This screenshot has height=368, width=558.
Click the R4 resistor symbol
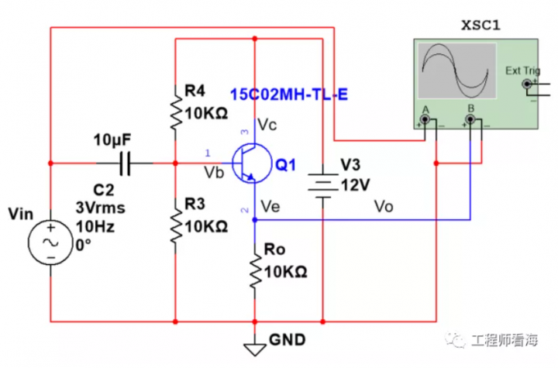[176, 111]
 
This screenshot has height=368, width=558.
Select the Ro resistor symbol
[254, 270]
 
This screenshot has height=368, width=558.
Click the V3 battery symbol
[321, 186]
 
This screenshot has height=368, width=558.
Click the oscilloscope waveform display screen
[456, 71]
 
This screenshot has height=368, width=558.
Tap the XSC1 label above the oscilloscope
[481, 26]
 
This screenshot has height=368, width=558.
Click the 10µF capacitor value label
[112, 139]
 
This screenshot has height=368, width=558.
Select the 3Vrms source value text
[100, 208]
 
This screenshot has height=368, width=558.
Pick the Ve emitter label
[270, 206]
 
